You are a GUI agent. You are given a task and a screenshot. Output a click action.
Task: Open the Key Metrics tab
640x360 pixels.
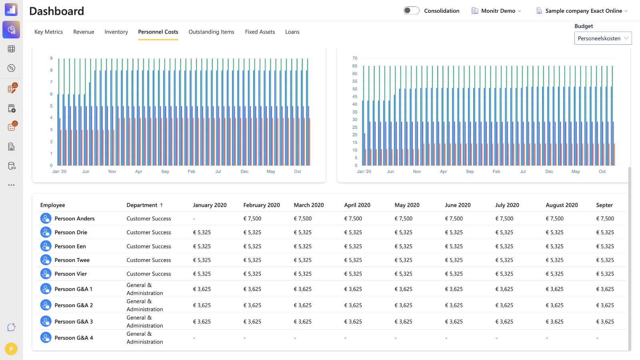click(48, 32)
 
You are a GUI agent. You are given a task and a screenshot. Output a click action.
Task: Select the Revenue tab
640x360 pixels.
click(84, 32)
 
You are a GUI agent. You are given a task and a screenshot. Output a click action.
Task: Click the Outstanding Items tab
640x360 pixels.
click(211, 32)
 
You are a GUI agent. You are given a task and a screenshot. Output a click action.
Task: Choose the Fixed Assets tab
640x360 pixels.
click(260, 32)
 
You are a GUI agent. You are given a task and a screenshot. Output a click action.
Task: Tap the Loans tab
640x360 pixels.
click(292, 32)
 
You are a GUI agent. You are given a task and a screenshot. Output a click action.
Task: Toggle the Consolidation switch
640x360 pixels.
click(412, 10)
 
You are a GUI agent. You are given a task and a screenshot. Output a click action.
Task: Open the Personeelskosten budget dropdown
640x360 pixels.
click(603, 38)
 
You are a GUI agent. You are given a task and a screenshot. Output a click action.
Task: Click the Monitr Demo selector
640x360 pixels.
click(496, 10)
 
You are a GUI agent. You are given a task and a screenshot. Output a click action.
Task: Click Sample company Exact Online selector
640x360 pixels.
click(582, 10)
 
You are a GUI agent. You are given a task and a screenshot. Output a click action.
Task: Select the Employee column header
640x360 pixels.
click(52, 205)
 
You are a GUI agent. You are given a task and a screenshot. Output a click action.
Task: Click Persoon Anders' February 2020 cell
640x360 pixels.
click(252, 218)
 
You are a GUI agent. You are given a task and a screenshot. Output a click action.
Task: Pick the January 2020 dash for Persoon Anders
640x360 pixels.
click(194, 219)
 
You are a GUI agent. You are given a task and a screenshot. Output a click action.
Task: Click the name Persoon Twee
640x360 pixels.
click(72, 260)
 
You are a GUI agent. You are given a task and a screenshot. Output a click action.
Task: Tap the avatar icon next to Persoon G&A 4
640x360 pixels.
click(46, 338)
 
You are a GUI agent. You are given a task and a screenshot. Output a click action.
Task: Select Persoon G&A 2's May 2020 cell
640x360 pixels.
click(404, 305)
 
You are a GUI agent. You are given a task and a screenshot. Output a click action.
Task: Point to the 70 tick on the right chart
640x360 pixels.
click(354, 58)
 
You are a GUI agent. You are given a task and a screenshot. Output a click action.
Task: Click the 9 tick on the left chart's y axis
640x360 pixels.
click(52, 58)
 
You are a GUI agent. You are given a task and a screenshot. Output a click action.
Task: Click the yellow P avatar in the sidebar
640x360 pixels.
click(11, 349)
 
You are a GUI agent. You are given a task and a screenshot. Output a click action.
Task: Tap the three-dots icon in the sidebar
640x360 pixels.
click(11, 185)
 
